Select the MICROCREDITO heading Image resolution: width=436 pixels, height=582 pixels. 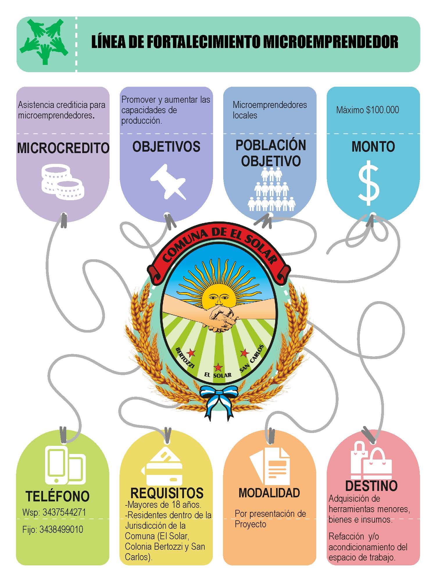tap(63, 148)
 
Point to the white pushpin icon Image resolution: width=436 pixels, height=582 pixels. tap(168, 182)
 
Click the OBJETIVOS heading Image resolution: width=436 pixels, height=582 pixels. tap(166, 146)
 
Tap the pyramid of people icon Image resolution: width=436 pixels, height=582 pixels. tap(271, 189)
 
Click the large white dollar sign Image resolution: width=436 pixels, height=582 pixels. tap(369, 183)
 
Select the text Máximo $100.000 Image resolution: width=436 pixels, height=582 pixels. tap(367, 110)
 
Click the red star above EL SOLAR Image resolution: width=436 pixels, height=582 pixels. tap(218, 367)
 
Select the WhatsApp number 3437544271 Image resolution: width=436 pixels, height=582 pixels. tap(64, 512)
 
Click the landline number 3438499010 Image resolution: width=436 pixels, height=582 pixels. tap(61, 529)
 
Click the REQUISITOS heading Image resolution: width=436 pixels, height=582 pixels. tap(167, 493)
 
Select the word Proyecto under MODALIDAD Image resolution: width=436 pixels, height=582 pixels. tap(250, 524)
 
